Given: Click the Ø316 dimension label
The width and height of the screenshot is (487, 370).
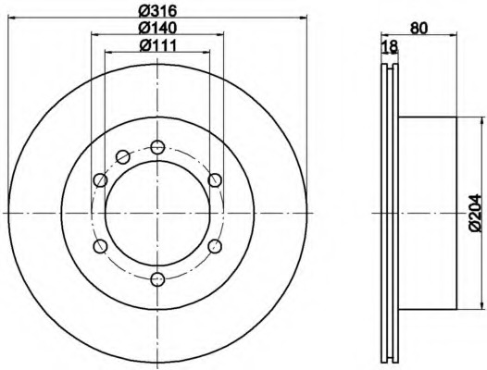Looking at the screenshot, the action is click(157, 11).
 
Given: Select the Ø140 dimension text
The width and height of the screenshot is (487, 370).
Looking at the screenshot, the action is click(157, 28).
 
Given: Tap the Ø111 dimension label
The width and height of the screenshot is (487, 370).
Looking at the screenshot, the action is click(157, 45).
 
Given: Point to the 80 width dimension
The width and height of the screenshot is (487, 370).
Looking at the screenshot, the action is click(419, 28).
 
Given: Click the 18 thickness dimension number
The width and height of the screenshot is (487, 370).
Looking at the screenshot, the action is click(389, 46).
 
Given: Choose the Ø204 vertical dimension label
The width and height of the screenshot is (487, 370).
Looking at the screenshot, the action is click(476, 213).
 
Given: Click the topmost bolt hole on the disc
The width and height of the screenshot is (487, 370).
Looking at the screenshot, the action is click(157, 147).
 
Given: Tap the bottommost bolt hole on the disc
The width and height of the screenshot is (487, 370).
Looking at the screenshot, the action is click(157, 279).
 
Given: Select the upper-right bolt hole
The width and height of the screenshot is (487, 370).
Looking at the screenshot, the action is click(215, 180).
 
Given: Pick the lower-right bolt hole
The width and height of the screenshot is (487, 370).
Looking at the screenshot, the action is click(215, 246).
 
